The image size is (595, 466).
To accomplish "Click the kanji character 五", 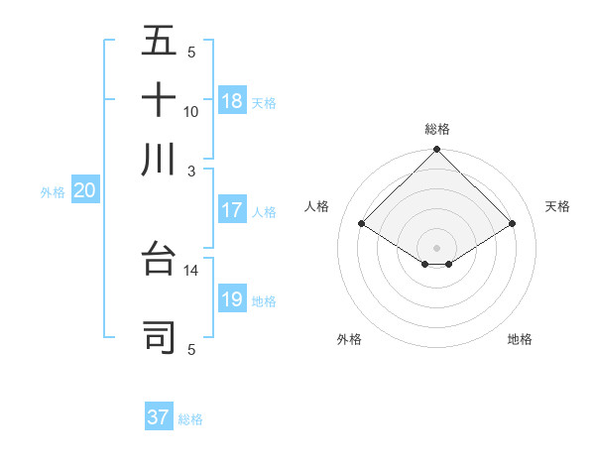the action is coord(159,42).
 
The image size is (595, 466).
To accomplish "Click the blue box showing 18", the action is coord(232,101).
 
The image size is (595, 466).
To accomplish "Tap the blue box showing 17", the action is coord(232,210).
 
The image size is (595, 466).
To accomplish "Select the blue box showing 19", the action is coord(232,300).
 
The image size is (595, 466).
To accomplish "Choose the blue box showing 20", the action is coord(84,192).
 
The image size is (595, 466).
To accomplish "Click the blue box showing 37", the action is coord(159,417).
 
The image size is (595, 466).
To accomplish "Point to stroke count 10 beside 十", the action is coord(191,112).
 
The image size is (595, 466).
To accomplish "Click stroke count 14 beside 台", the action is coord(191,270).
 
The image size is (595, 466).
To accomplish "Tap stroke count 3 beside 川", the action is coord(192,171).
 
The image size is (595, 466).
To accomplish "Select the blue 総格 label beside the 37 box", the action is coord(190,419).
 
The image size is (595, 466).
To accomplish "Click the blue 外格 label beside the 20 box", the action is coord(53,193).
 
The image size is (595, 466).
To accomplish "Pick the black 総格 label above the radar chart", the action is coord(437,129).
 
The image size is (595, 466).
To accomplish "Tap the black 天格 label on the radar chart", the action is coord(558,206).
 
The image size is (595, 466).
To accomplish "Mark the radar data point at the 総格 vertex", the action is coord(437,151).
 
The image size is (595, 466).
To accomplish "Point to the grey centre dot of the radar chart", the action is coord(437,246).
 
